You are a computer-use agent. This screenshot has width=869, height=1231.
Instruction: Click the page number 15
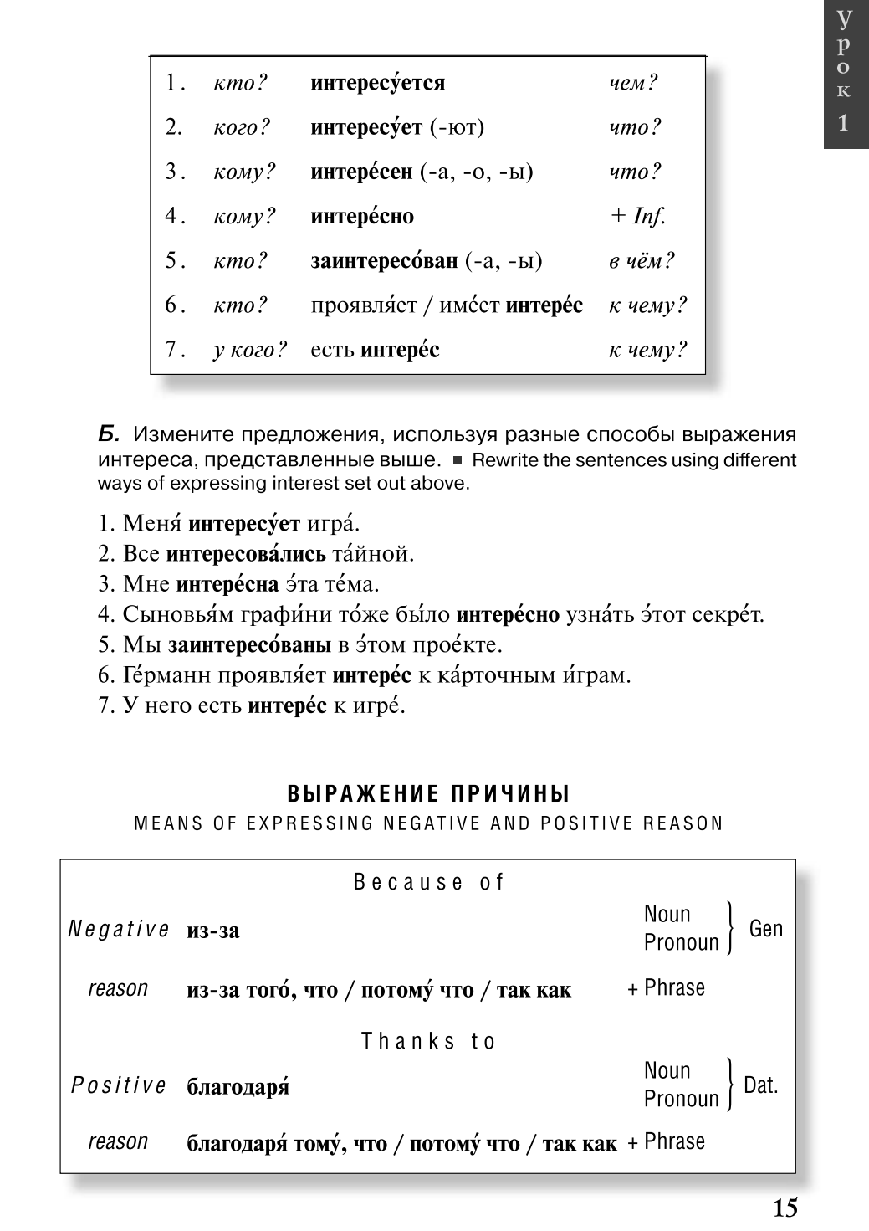[785, 1208]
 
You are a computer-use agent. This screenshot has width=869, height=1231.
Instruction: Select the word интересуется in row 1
[377, 83]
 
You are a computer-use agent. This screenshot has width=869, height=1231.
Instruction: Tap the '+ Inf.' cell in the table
[637, 216]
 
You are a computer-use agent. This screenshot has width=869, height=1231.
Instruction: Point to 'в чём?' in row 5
[641, 261]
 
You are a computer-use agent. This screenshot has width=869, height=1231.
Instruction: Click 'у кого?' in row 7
[250, 350]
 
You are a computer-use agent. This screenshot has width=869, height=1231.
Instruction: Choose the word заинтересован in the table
[384, 261]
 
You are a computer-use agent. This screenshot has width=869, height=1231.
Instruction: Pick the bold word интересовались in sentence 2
[246, 554]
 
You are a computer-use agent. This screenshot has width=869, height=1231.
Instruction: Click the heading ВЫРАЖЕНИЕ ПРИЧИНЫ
[429, 793]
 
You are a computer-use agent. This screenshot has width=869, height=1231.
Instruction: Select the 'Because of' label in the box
[429, 882]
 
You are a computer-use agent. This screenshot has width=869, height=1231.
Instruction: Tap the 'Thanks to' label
[429, 1041]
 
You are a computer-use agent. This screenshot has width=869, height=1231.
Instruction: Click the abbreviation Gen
[765, 928]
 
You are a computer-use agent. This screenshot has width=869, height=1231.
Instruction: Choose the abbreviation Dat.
[760, 1085]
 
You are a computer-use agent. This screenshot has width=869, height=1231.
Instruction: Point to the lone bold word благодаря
[238, 1087]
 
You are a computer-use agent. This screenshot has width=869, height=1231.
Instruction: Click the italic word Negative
[119, 930]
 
